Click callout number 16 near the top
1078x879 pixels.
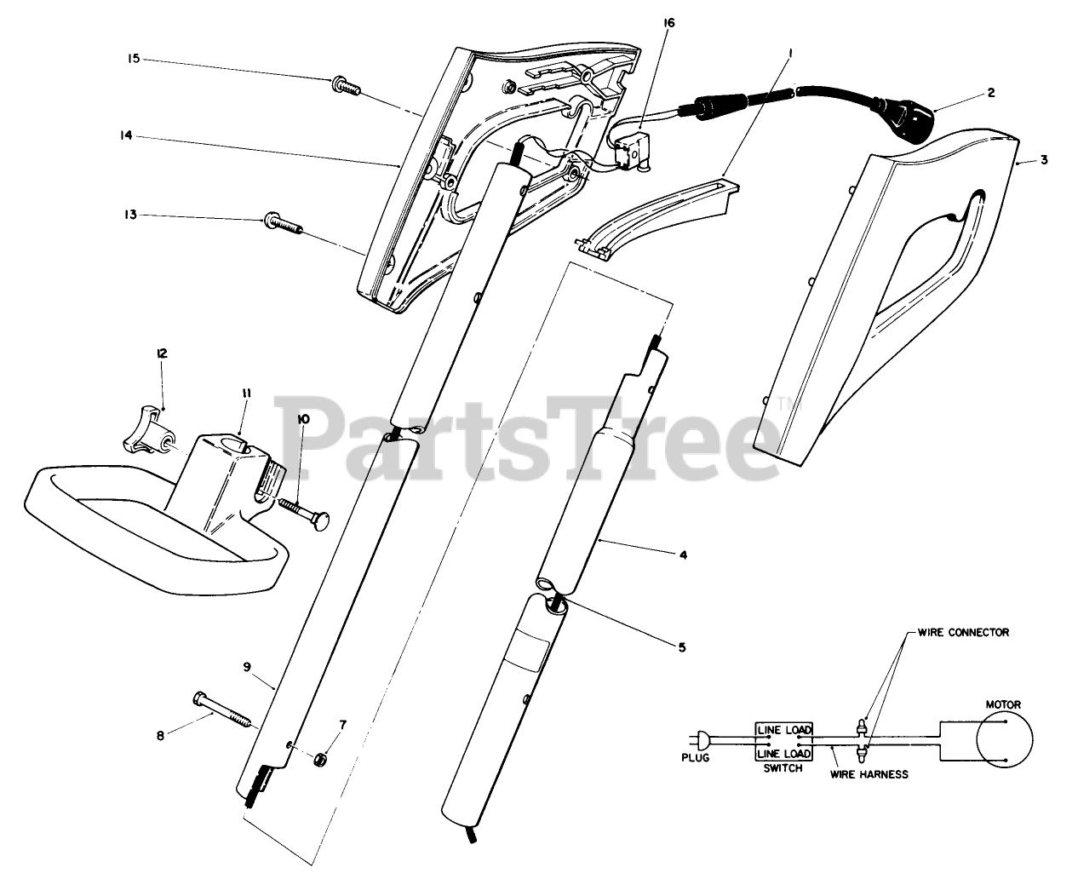[x=668, y=23]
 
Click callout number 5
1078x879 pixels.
[x=681, y=647]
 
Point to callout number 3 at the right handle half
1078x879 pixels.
[x=1045, y=159]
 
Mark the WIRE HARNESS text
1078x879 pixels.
[x=869, y=774]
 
